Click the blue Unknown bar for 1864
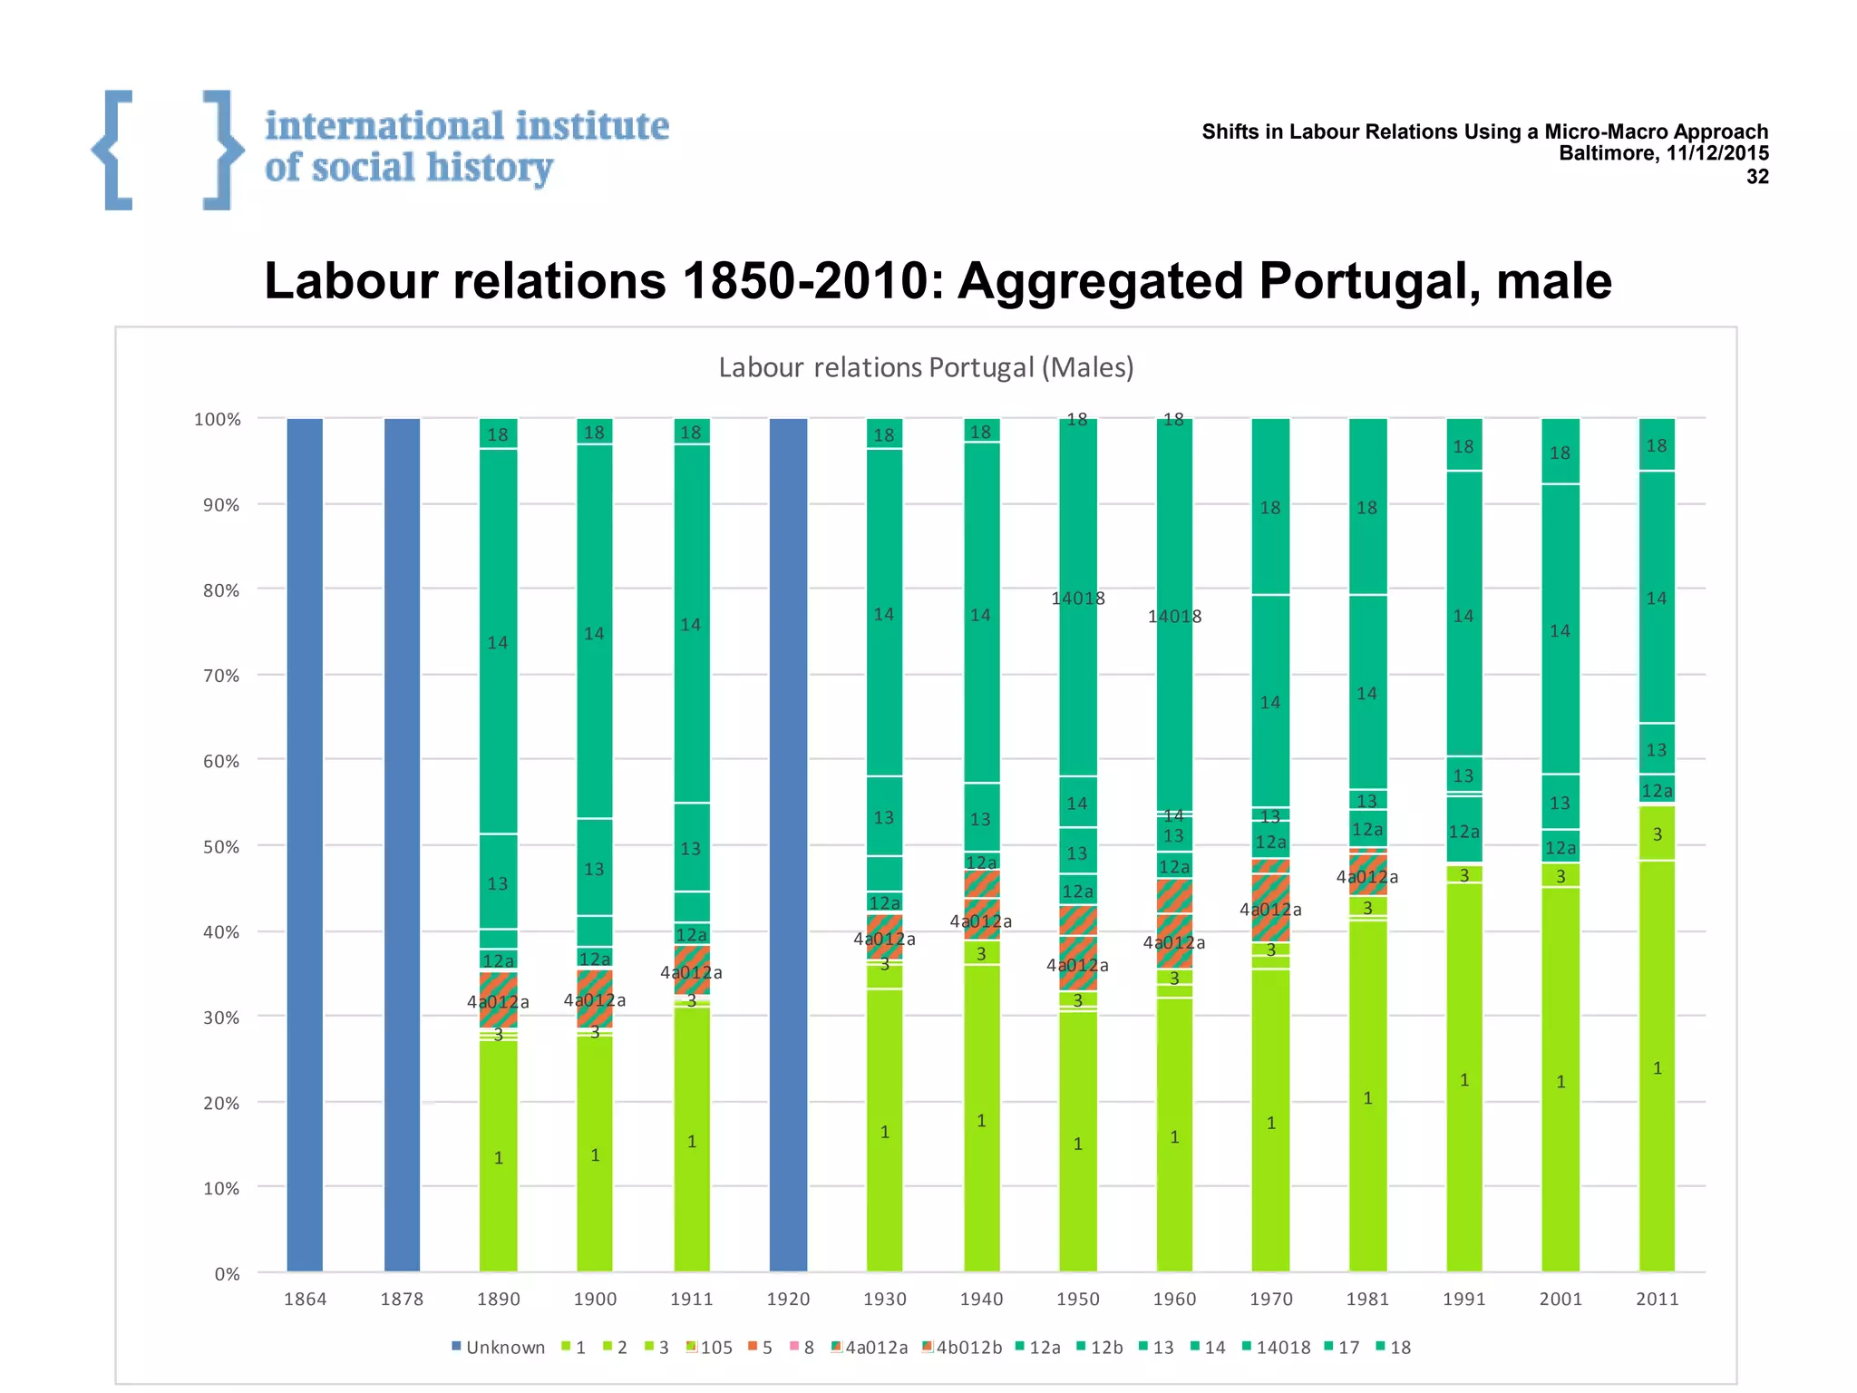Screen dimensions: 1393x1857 tap(305, 843)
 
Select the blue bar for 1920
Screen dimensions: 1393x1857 tap(788, 843)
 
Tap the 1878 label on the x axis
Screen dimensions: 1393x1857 tap(402, 1299)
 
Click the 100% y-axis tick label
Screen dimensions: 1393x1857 tap(218, 420)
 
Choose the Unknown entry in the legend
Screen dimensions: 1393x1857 tap(498, 1348)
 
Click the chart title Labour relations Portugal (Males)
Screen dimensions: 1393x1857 tap(926, 367)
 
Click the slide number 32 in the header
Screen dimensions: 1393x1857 tap(1757, 177)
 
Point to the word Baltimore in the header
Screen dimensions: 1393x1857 tap(1607, 153)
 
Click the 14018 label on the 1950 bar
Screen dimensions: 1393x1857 tap(1078, 599)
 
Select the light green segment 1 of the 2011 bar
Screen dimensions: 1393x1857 tap(1657, 1068)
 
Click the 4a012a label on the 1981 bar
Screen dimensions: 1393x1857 tap(1366, 877)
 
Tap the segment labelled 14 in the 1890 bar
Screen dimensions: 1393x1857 tap(498, 642)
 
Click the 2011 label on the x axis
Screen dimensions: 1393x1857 tap(1657, 1299)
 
